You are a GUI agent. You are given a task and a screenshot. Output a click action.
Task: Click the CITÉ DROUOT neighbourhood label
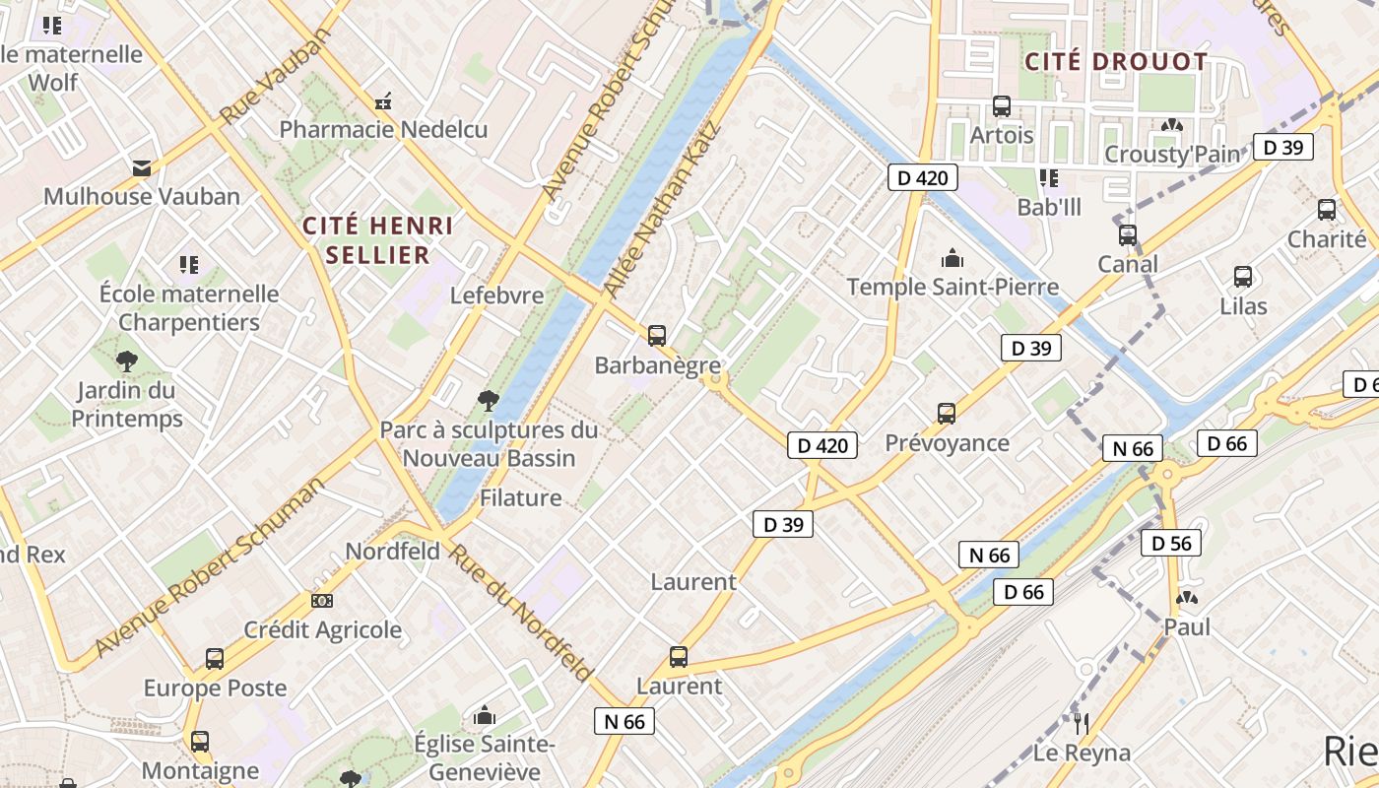[x=1115, y=62]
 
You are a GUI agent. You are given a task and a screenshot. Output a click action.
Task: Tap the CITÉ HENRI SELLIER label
[x=377, y=240]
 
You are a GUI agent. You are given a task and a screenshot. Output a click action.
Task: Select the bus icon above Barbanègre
[x=657, y=335]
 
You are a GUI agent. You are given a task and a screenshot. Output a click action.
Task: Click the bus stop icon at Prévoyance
[x=947, y=413]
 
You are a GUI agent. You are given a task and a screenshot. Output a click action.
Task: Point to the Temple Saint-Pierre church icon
[x=952, y=258]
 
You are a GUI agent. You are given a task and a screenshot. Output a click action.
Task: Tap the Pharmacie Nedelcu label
[x=383, y=129]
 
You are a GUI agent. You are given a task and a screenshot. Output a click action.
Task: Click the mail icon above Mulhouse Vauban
[x=142, y=167]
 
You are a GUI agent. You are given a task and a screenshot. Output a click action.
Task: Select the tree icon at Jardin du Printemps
[x=126, y=361]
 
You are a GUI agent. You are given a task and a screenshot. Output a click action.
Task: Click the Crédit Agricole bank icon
[x=321, y=600]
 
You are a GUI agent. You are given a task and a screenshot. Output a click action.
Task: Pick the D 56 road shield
[x=1171, y=543]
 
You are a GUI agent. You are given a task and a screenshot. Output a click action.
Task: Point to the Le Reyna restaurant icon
[x=1082, y=724]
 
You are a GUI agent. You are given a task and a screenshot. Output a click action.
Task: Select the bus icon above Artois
[x=1002, y=105]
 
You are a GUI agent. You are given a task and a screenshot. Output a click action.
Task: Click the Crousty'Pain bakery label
[x=1171, y=154]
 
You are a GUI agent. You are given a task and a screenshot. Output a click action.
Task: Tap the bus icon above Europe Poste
[x=215, y=658]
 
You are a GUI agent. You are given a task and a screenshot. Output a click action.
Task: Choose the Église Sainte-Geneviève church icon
[x=485, y=715]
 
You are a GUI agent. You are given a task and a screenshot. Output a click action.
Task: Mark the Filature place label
[x=520, y=497]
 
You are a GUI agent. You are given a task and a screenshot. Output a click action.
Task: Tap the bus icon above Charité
[x=1327, y=209]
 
